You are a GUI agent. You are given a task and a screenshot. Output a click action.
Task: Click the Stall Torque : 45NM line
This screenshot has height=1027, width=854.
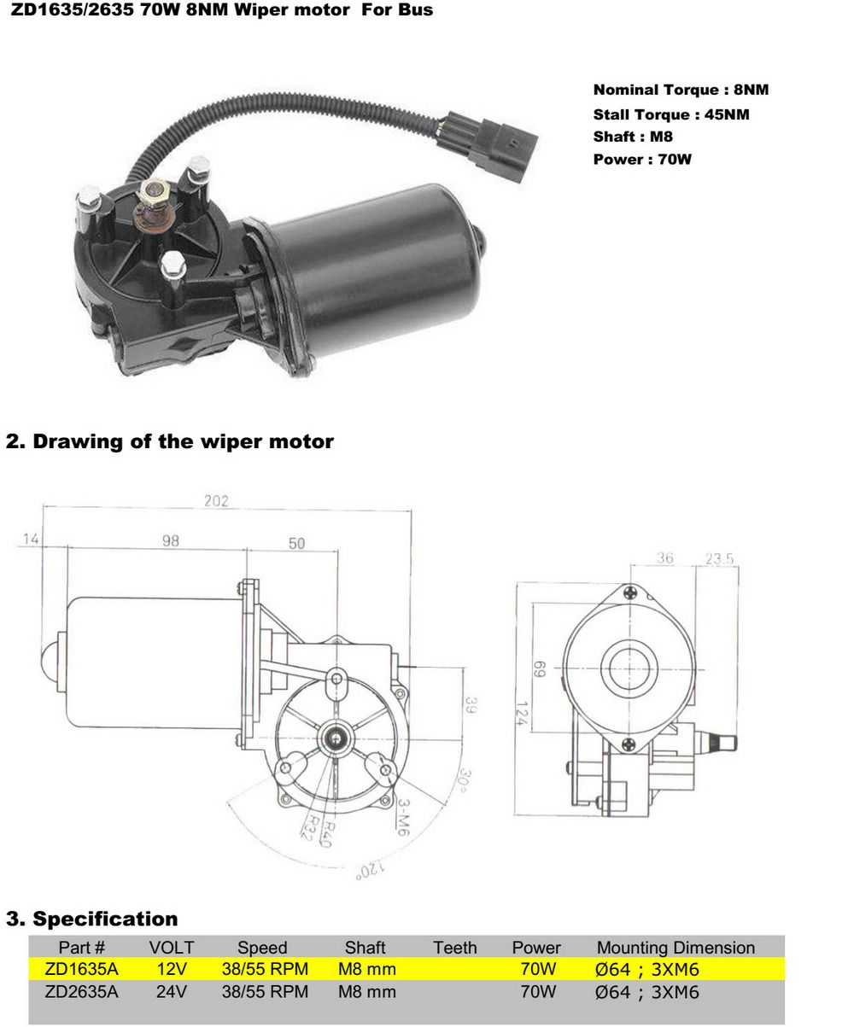point(671,114)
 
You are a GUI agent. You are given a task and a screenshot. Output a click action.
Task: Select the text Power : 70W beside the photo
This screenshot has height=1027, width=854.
point(641,160)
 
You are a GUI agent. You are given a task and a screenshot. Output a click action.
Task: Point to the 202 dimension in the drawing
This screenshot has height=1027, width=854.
point(216,501)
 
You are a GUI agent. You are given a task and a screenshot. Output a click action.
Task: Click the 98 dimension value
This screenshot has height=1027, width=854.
point(171,541)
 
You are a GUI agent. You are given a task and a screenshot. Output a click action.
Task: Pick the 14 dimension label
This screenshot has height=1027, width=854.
point(31,540)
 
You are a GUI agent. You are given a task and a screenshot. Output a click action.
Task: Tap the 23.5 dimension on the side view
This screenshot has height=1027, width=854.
point(720,559)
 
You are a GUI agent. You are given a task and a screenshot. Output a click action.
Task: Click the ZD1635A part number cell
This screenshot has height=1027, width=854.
point(81,970)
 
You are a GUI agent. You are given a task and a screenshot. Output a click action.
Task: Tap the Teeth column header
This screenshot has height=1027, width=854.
point(454,948)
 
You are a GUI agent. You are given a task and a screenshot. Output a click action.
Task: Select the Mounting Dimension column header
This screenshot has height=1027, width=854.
point(676,948)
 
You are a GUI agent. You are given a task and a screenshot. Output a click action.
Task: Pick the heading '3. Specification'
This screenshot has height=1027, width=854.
point(92,919)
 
